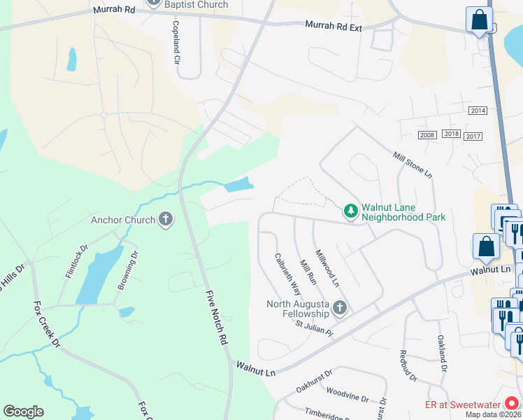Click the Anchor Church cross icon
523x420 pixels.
165,220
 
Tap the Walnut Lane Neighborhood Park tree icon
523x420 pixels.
350,210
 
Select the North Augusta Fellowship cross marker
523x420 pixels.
339,308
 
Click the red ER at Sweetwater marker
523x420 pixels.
513,403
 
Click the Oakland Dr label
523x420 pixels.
442,353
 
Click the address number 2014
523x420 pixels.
478,111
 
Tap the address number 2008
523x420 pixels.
427,134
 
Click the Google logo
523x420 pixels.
23,412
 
